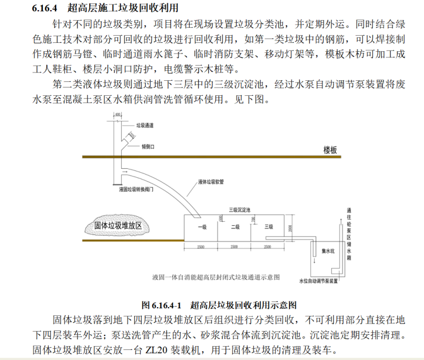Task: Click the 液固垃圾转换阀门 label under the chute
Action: [137, 189]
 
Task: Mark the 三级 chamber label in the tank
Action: [268, 227]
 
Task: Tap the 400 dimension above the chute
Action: [117, 115]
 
